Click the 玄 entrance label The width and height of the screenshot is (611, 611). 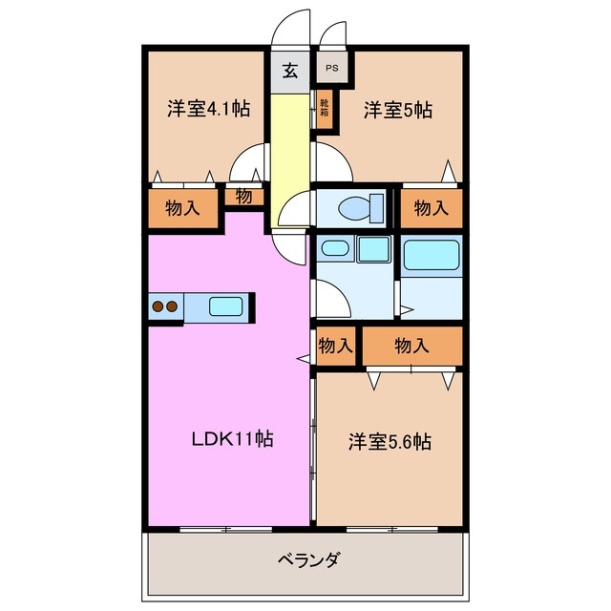point(289,71)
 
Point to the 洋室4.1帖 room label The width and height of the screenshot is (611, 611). point(209,109)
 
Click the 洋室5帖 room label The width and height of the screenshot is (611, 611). point(397,110)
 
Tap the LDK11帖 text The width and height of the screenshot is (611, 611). point(233,439)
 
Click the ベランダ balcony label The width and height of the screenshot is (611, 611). point(308,558)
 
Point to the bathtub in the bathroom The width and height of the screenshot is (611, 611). point(432,255)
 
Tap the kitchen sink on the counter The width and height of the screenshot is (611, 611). point(226,307)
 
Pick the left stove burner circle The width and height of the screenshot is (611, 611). point(158,307)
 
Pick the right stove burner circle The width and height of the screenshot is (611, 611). point(173,307)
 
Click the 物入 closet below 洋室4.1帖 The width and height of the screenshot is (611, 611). point(182,207)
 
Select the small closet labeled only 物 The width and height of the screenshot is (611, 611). point(243,198)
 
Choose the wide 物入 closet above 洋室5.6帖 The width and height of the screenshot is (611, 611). point(412,346)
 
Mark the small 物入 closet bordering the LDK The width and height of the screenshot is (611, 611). point(335,346)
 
